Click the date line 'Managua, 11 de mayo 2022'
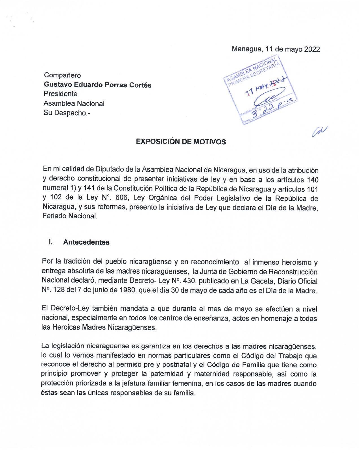click(276, 49)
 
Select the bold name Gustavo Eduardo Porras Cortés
click(97, 85)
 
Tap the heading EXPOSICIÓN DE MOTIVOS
click(181, 142)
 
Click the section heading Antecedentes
click(86, 242)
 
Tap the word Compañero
click(62, 75)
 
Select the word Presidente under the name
click(60, 94)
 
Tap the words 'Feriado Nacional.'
click(70, 216)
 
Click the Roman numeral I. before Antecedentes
click(51, 242)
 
